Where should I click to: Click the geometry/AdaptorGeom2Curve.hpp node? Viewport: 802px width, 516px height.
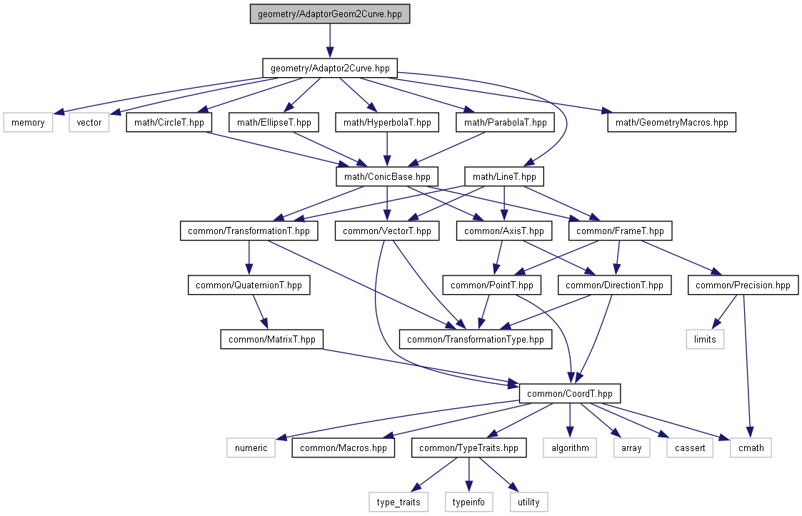coord(330,14)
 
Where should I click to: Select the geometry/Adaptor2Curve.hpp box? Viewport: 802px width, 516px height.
coord(330,69)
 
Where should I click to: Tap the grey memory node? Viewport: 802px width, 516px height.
coord(29,123)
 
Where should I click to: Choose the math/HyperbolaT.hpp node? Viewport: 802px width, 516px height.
coord(387,123)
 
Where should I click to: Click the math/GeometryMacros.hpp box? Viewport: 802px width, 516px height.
coord(671,123)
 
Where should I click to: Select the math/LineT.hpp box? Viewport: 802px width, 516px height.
coord(504,177)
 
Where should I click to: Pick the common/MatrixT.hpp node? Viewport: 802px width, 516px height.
coord(272,340)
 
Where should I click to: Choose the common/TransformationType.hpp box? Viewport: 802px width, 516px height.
coord(476,340)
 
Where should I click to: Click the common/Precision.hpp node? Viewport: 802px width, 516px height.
coord(743,285)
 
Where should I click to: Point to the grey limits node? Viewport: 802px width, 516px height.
coord(705,340)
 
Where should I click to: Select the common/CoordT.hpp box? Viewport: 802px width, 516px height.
coord(570,394)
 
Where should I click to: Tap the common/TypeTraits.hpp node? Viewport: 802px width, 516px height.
coord(468,448)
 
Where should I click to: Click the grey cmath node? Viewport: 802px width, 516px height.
coord(751,448)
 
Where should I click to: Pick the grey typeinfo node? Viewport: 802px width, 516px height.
coord(468,502)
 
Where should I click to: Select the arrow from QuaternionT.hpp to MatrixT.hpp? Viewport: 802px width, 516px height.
coord(258,313)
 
